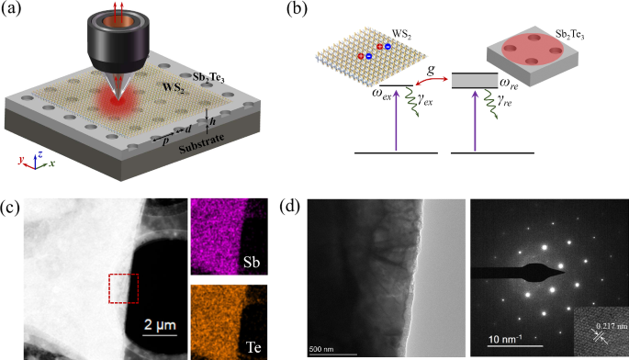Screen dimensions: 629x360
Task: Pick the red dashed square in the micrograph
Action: click(122, 287)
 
